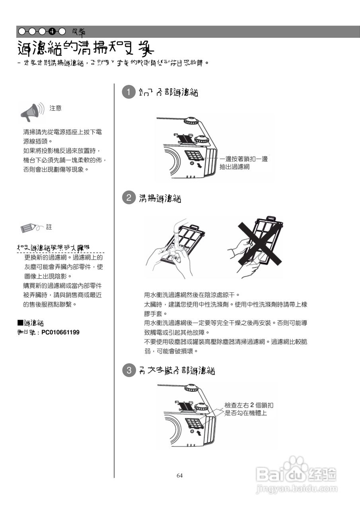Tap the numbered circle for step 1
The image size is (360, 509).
(128, 92)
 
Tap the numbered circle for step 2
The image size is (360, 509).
(128, 198)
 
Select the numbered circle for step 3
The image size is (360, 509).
(128, 371)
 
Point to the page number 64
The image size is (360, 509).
(179, 476)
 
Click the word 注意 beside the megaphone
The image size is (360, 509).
(55, 108)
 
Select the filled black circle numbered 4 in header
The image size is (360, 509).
(52, 31)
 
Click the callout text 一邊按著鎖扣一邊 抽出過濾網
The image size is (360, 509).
(243, 163)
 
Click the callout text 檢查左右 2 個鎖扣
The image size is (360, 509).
(249, 406)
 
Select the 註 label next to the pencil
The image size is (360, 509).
(49, 227)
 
